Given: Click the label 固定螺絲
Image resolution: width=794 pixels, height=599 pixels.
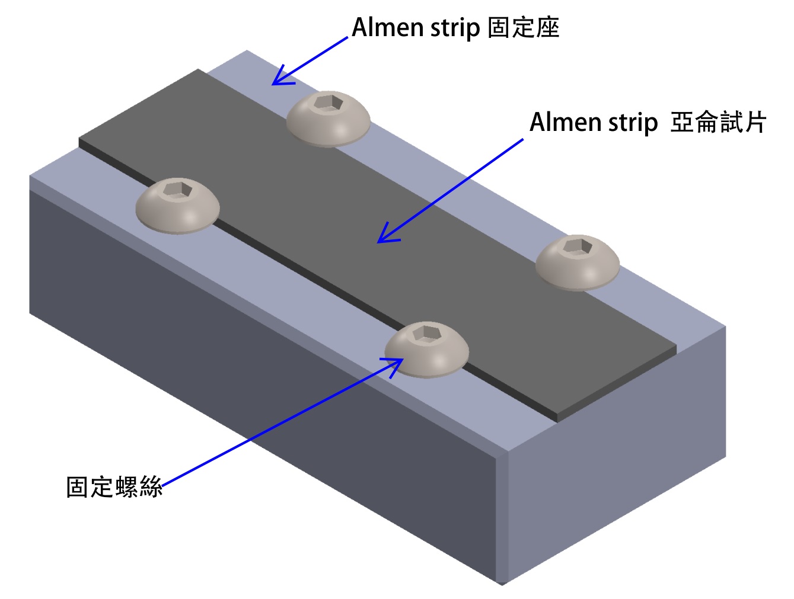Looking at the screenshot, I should tap(114, 487).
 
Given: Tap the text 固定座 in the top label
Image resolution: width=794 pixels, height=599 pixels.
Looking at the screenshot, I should tap(523, 28).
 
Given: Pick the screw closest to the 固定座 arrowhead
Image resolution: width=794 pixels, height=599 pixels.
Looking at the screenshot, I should tap(329, 118).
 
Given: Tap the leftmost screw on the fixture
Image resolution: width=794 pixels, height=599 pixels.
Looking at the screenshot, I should tap(177, 206).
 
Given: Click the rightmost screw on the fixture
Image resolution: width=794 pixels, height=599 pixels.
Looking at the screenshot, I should tap(578, 262).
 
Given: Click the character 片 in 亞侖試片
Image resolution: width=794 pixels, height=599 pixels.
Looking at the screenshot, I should tap(754, 123).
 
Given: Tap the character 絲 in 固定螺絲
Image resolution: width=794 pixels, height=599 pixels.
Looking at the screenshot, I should tap(150, 487).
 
